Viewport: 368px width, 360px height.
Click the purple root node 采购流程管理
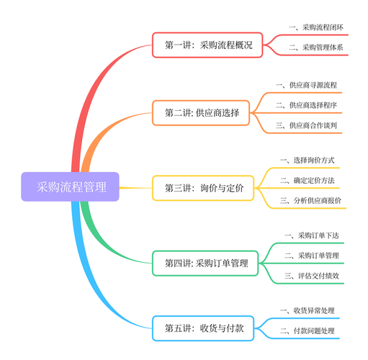coord(70,186)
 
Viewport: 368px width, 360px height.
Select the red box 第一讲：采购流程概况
coord(207,45)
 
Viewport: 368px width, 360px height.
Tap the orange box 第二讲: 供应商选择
coord(201,113)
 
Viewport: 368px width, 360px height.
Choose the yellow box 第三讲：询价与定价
coord(203,188)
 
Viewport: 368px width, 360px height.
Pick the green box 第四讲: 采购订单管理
coord(205,264)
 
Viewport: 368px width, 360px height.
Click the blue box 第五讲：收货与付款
coord(203,328)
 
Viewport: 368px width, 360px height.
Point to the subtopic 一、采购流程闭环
coord(316,27)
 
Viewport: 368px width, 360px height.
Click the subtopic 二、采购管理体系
coord(316,48)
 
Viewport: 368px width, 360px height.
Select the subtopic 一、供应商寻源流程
coord(306,85)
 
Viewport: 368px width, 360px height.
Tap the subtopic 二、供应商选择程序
coord(306,105)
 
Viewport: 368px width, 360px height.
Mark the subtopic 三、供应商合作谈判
coord(306,125)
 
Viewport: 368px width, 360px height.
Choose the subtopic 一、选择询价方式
coord(308,161)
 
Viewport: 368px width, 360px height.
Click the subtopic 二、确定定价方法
coord(308,181)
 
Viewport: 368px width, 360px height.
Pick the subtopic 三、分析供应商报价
coord(310,201)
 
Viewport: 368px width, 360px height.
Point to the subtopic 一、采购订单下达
coord(312,235)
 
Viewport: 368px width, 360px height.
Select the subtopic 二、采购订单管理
coord(312,256)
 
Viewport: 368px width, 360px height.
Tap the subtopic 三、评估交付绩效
coord(312,276)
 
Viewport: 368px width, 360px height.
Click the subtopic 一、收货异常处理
coord(308,311)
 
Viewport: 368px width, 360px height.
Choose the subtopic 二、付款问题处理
coord(308,331)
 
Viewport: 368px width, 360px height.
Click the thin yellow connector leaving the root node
coord(135,188)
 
